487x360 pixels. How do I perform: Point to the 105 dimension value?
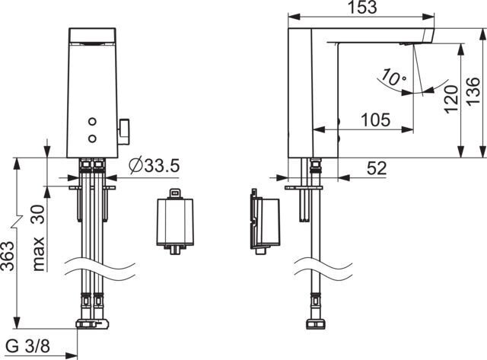pyautogui.click(x=375, y=119)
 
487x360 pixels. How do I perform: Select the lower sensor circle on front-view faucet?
pyautogui.click(x=93, y=137)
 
